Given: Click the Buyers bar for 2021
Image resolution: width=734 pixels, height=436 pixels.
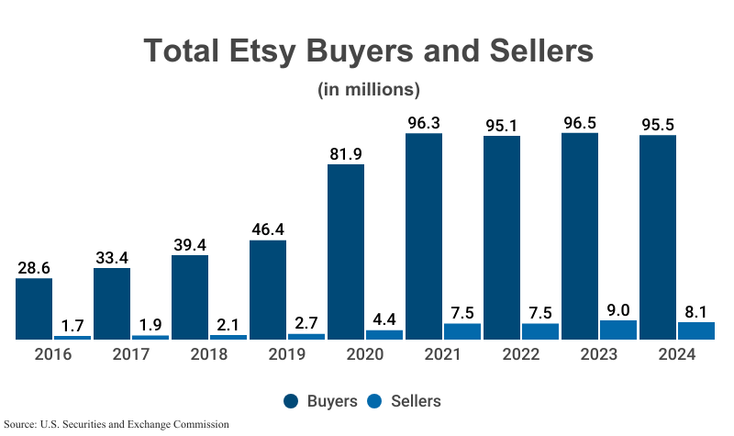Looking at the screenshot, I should [x=423, y=236].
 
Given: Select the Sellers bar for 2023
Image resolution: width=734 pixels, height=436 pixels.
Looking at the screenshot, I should [x=617, y=330].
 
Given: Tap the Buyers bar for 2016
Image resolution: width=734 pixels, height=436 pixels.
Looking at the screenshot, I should [x=34, y=308].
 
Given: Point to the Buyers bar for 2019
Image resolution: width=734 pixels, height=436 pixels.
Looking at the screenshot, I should [x=268, y=289].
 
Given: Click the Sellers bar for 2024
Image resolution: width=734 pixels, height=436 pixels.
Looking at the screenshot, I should [x=695, y=330].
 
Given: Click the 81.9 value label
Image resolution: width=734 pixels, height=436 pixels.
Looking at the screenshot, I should [x=346, y=152].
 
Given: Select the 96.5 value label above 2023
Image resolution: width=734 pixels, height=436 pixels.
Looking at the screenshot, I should [x=579, y=121].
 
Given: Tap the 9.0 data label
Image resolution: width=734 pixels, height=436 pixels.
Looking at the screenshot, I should [x=617, y=308].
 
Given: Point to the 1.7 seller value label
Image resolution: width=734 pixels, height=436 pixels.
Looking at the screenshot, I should [x=72, y=324].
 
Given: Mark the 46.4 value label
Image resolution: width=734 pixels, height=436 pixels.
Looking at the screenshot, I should [x=268, y=229].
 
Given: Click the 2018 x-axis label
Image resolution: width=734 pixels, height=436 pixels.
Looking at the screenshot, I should [x=208, y=355].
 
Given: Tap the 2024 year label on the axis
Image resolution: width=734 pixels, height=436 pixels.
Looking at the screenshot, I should [x=676, y=355].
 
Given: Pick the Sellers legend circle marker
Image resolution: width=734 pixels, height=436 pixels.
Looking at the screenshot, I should [x=375, y=401].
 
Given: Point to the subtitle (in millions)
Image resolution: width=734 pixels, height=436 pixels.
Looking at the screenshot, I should [x=368, y=90].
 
